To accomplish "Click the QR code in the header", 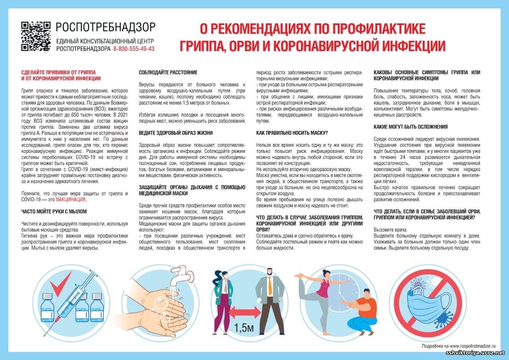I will (36, 36).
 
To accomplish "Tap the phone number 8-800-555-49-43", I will (134, 49).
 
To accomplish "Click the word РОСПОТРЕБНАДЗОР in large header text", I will (106, 27).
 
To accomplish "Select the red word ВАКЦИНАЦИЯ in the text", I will (71, 200).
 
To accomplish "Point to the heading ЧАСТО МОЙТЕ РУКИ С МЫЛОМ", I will (54, 212).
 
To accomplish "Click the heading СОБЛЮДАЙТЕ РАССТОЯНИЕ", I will (168, 72).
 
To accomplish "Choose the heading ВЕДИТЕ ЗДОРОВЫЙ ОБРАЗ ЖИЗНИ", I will (175, 133).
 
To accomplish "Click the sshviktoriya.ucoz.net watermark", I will (476, 353).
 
